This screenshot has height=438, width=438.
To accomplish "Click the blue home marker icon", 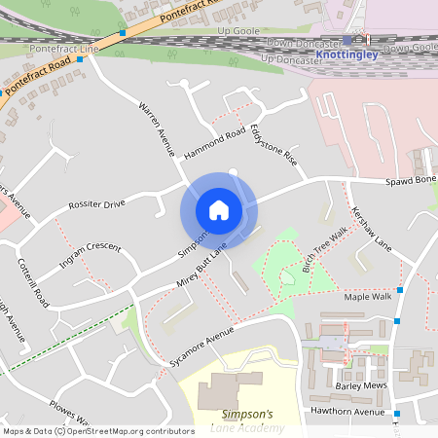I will (x=218, y=209).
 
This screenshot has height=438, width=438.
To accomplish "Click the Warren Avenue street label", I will (x=156, y=128).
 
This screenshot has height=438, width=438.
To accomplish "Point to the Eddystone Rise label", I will (x=272, y=144).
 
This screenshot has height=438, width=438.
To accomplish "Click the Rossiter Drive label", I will (x=97, y=205).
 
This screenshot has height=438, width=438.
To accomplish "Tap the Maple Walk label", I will (x=367, y=296).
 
